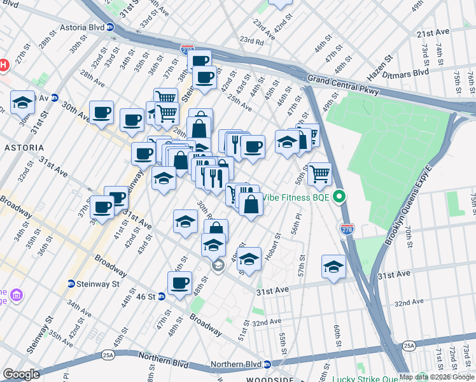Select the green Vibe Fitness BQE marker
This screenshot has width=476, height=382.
340,197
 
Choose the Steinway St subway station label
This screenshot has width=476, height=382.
93,283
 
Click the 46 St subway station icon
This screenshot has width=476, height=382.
162,296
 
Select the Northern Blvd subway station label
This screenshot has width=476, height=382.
241,364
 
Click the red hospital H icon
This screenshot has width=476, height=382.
3,65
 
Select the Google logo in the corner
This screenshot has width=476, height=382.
21,374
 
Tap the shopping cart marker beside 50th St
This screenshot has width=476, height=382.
319,173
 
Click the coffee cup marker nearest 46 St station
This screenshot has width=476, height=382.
180,283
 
